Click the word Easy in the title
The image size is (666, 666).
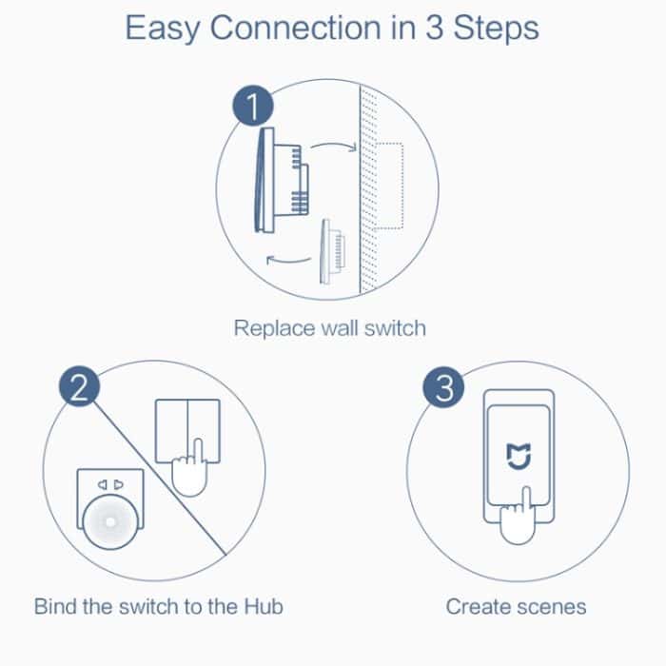pos(163,29)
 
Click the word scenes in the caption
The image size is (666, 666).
pos(551,606)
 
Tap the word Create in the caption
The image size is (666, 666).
pos(478,606)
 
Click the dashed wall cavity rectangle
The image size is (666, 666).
pos(388,186)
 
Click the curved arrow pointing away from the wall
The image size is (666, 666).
pos(286,260)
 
